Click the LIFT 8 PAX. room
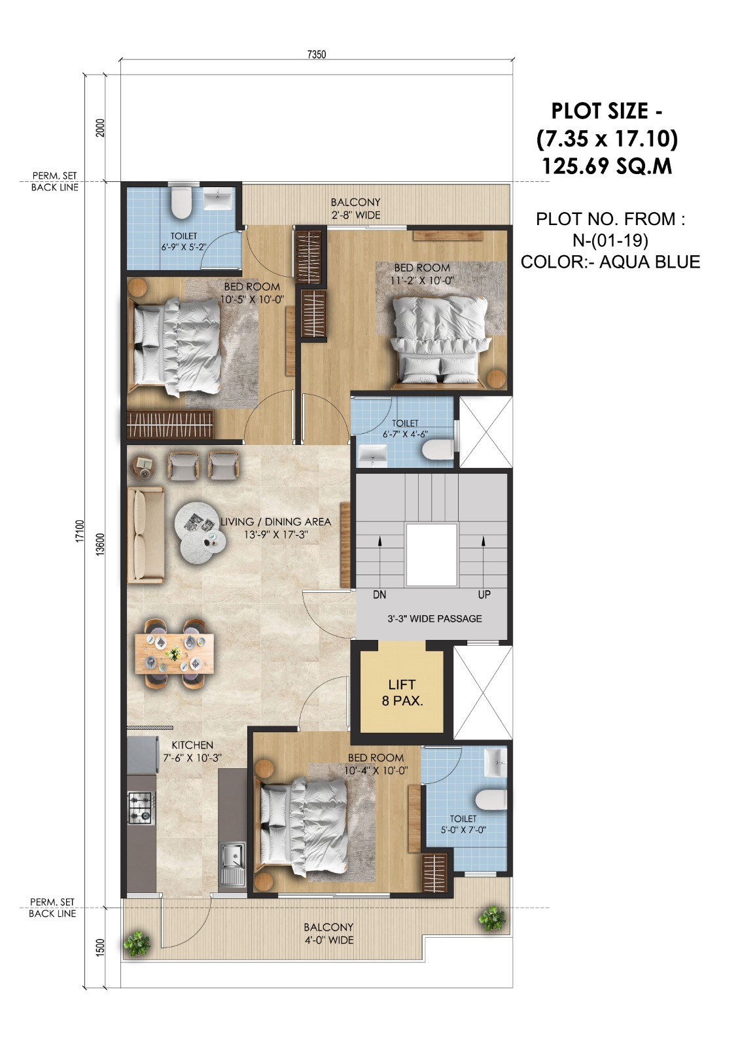(402, 692)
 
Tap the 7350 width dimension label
(316, 54)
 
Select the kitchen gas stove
(139, 807)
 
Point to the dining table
(173, 653)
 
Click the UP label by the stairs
(484, 595)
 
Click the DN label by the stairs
(379, 595)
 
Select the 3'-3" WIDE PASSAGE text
(434, 618)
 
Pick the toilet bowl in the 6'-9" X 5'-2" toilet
(181, 204)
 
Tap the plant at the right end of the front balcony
(491, 919)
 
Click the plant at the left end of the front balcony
(137, 943)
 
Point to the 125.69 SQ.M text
(607, 166)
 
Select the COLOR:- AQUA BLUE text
(610, 262)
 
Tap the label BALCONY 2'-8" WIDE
(355, 209)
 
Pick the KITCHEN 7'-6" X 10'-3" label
(192, 751)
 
